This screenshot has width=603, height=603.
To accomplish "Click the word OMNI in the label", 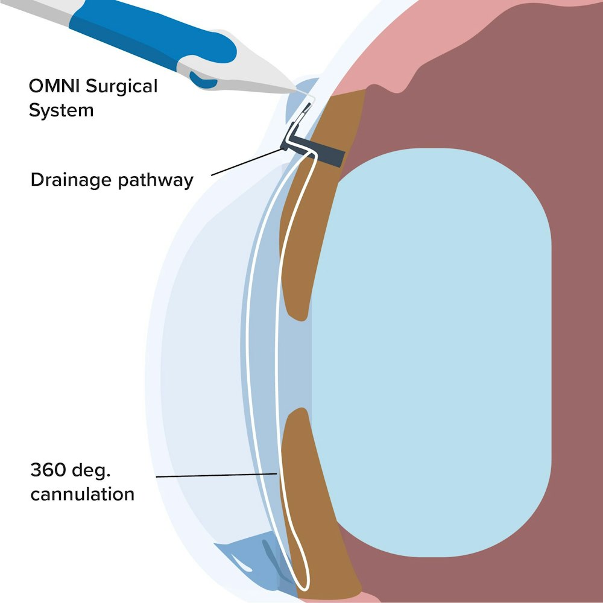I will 55,86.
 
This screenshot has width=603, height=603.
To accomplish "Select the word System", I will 62,110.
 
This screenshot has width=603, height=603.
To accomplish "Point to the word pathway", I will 159,180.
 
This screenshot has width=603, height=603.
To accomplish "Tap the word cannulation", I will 83,494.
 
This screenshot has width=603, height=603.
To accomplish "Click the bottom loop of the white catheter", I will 301,582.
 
